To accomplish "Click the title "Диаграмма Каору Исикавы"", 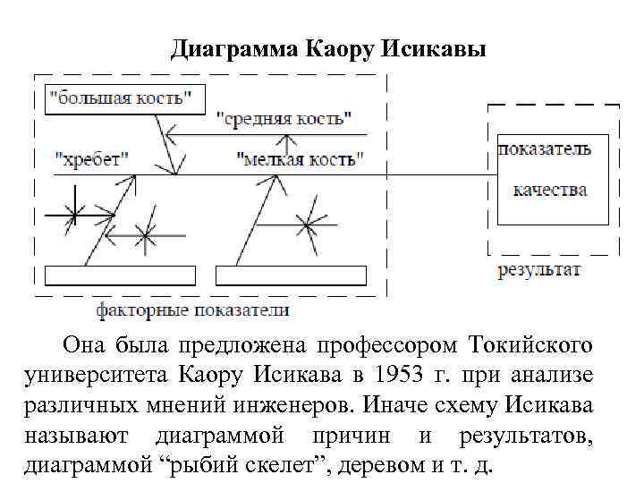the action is coord(328,49).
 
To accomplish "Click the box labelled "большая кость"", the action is coord(124,97).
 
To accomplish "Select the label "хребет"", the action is coord(92,159).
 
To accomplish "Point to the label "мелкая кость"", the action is coord(301,159).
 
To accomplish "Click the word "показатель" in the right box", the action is coord(545,149).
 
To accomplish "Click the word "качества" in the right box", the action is coord(550,190).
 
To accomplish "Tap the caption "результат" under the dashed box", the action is coord(539,269).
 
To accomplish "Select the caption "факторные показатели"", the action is coord(192,310).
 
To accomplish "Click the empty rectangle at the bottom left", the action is coord(120,275).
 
